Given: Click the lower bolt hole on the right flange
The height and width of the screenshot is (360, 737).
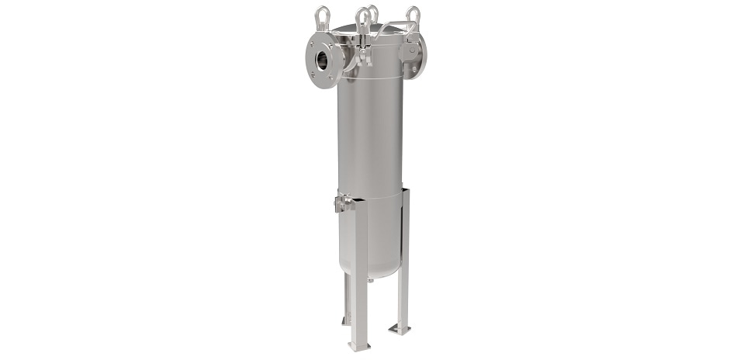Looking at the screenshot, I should (x=413, y=68).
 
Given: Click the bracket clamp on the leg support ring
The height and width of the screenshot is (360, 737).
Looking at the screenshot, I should (x=341, y=203).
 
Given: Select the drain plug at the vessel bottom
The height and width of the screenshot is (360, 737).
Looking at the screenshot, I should (x=371, y=276).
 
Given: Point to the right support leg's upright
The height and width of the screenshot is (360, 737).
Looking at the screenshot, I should (x=403, y=256).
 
